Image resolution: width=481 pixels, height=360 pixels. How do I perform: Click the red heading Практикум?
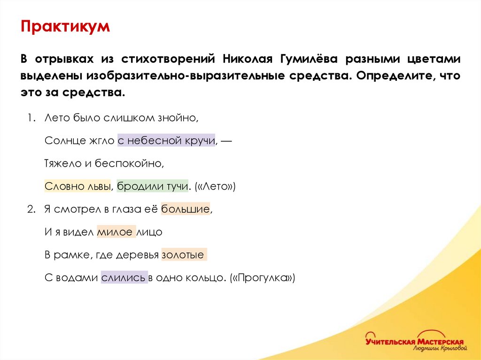tap(65, 26)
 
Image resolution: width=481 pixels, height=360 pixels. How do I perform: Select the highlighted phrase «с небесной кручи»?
tap(166, 140)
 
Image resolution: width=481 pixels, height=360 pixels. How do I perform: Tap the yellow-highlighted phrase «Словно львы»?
tap(78, 186)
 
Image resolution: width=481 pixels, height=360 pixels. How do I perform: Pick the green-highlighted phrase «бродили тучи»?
tap(152, 186)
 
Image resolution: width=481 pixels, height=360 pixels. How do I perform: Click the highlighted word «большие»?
tap(185, 209)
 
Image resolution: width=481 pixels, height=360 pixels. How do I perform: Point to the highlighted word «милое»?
tap(116, 232)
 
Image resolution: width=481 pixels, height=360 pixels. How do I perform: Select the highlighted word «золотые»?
tap(183, 255)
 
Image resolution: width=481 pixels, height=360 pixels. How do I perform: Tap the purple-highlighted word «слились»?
tap(124, 278)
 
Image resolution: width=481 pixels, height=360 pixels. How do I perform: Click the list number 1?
tap(30, 118)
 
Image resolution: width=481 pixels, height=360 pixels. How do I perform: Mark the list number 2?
tap(30, 209)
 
